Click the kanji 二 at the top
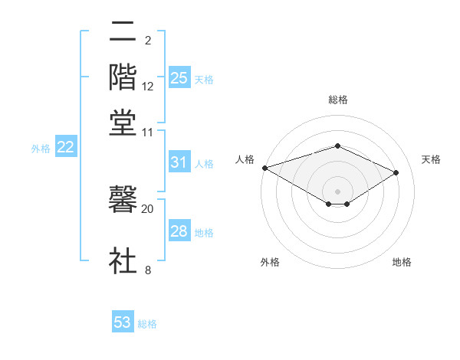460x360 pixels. [x=123, y=32]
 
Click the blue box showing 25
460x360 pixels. [x=179, y=77]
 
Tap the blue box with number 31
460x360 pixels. [x=179, y=162]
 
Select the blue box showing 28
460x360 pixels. [x=179, y=231]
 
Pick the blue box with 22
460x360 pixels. [x=65, y=148]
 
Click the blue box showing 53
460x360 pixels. [x=123, y=322]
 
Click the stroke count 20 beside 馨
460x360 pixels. [x=147, y=208]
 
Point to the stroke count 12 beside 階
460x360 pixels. [x=148, y=87]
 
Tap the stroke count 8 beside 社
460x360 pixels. [x=147, y=270]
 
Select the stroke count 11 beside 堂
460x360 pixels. [x=148, y=132]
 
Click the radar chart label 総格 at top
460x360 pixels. [x=338, y=100]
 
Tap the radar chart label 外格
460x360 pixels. [x=270, y=262]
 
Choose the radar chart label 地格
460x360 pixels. [x=402, y=262]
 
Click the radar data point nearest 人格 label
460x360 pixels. [x=264, y=167]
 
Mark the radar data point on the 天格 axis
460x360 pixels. [x=396, y=172]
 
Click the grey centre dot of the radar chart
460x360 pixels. [x=338, y=191]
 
